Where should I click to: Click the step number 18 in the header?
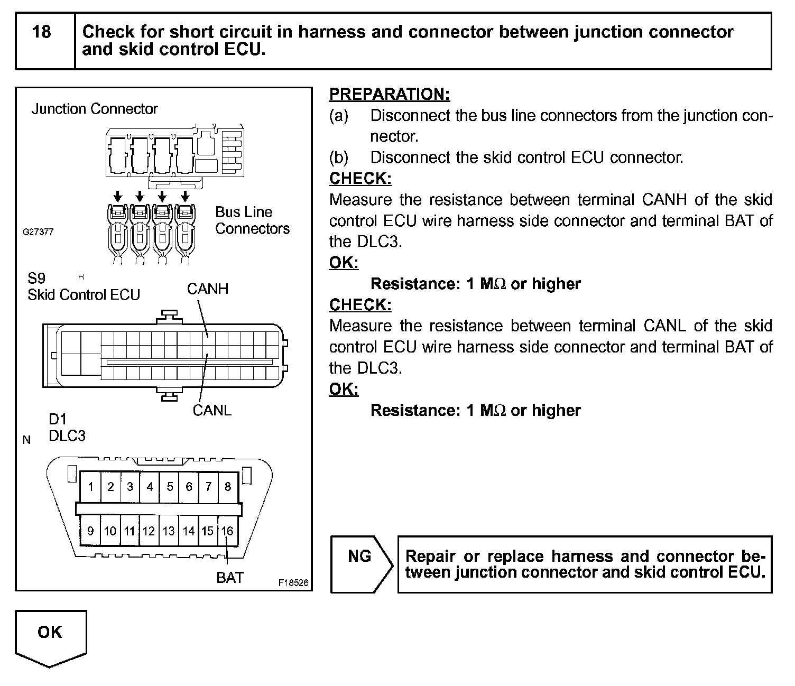(x=42, y=32)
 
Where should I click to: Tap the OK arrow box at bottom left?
(x=50, y=634)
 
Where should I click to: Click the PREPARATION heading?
(x=390, y=94)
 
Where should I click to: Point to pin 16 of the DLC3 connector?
(x=227, y=531)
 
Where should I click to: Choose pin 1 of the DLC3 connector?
(x=91, y=487)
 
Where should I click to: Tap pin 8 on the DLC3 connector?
(x=228, y=487)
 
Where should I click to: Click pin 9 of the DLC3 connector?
(x=90, y=531)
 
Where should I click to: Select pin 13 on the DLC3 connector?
(x=169, y=531)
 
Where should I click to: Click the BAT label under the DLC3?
(x=230, y=578)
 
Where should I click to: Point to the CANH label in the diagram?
(x=208, y=289)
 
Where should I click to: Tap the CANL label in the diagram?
(x=212, y=410)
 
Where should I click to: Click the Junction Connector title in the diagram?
(x=95, y=109)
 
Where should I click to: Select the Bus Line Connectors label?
(x=252, y=220)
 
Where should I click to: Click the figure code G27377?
(x=38, y=232)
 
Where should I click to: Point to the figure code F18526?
(x=293, y=583)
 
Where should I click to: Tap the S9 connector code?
(x=36, y=278)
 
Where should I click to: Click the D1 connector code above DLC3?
(x=57, y=419)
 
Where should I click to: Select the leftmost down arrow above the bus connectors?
(x=118, y=197)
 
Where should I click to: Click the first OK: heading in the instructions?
(x=344, y=263)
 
